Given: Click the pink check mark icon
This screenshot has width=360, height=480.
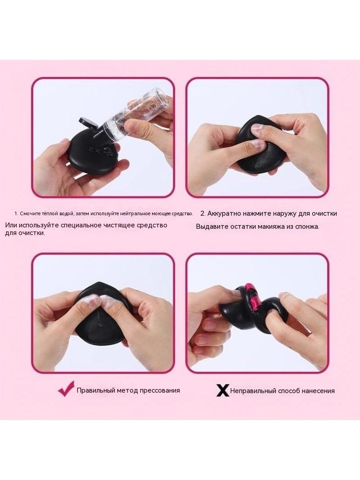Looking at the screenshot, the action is (x=66, y=389).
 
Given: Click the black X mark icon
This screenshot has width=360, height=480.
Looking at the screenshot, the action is (x=222, y=390).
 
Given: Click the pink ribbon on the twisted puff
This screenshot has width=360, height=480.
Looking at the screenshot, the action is (x=252, y=297).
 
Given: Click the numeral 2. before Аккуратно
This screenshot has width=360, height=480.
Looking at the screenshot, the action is (x=203, y=213).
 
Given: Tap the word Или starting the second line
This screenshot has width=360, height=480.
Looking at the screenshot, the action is (x=11, y=225).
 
